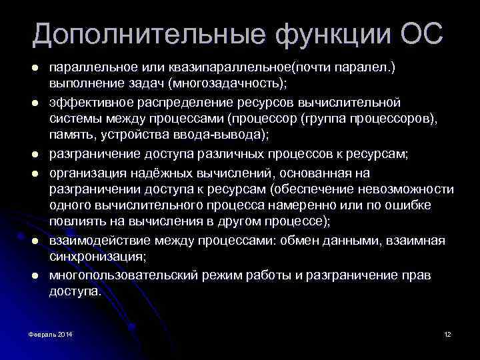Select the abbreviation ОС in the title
[422, 33]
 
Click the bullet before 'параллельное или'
[33, 69]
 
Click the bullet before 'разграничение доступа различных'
[33, 154]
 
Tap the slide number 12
[447, 333]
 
